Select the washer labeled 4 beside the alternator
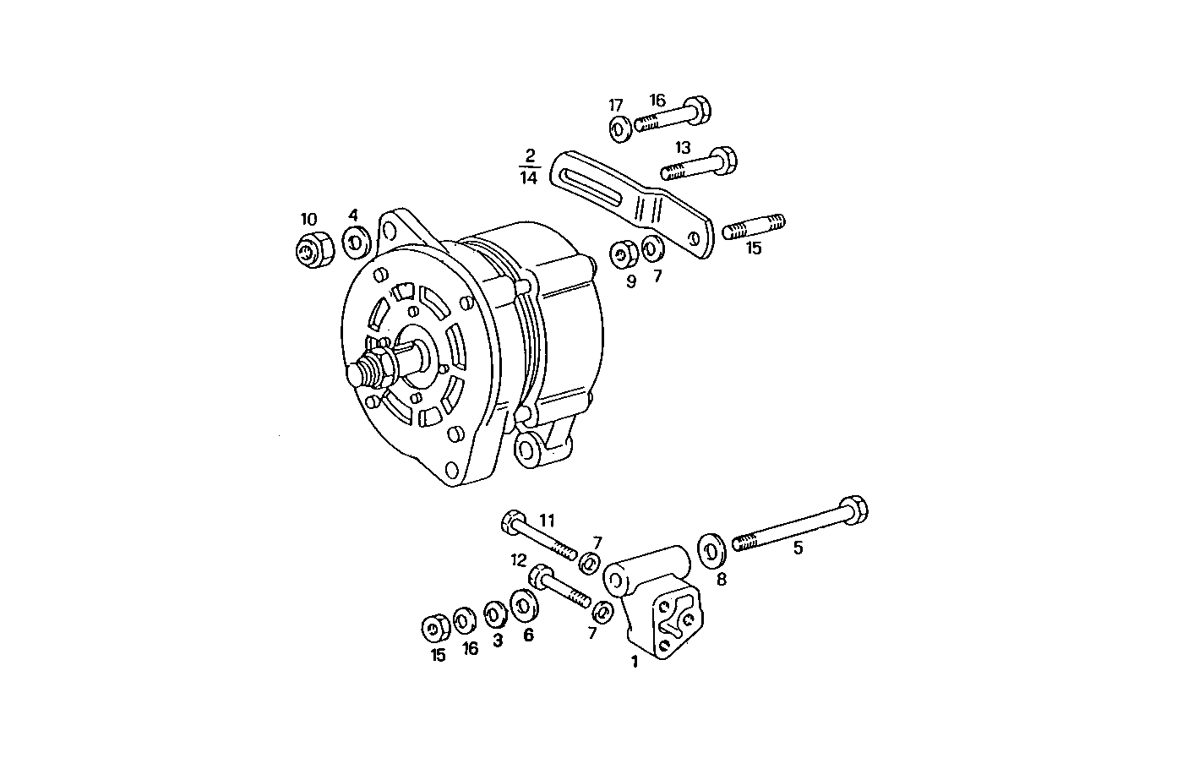(355, 243)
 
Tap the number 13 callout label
(682, 148)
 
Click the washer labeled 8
(711, 552)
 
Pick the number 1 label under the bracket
(634, 663)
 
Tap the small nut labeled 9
(623, 254)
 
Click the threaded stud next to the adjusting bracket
(754, 226)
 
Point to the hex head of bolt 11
(512, 521)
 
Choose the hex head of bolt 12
(541, 578)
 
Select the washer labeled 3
(495, 613)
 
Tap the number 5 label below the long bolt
(798, 548)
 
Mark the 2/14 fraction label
(529, 167)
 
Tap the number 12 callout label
(518, 559)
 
